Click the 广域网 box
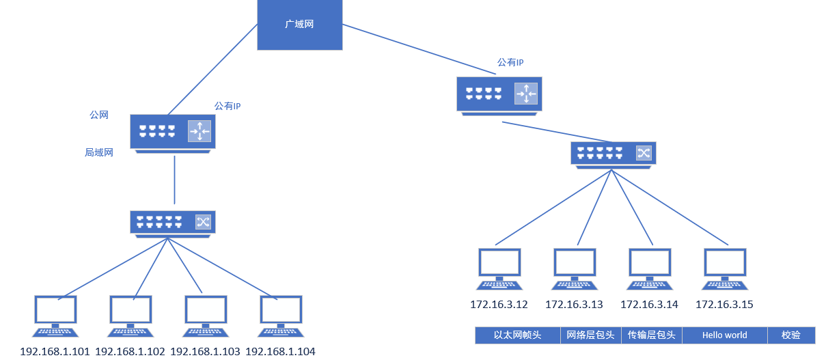click(299, 25)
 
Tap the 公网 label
click(99, 115)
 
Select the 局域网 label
click(99, 153)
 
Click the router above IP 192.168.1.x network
click(173, 131)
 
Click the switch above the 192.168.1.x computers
click(172, 222)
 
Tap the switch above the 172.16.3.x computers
click(614, 153)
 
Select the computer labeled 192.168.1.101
click(55, 316)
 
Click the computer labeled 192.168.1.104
click(281, 316)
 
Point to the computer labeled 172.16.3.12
click(499, 268)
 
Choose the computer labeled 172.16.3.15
click(725, 268)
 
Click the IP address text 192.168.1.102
click(130, 352)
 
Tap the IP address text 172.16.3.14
click(649, 305)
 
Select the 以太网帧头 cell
click(518, 335)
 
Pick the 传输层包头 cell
click(652, 335)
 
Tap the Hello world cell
click(724, 335)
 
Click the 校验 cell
click(790, 335)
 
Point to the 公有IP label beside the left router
click(228, 107)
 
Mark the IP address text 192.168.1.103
click(206, 352)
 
